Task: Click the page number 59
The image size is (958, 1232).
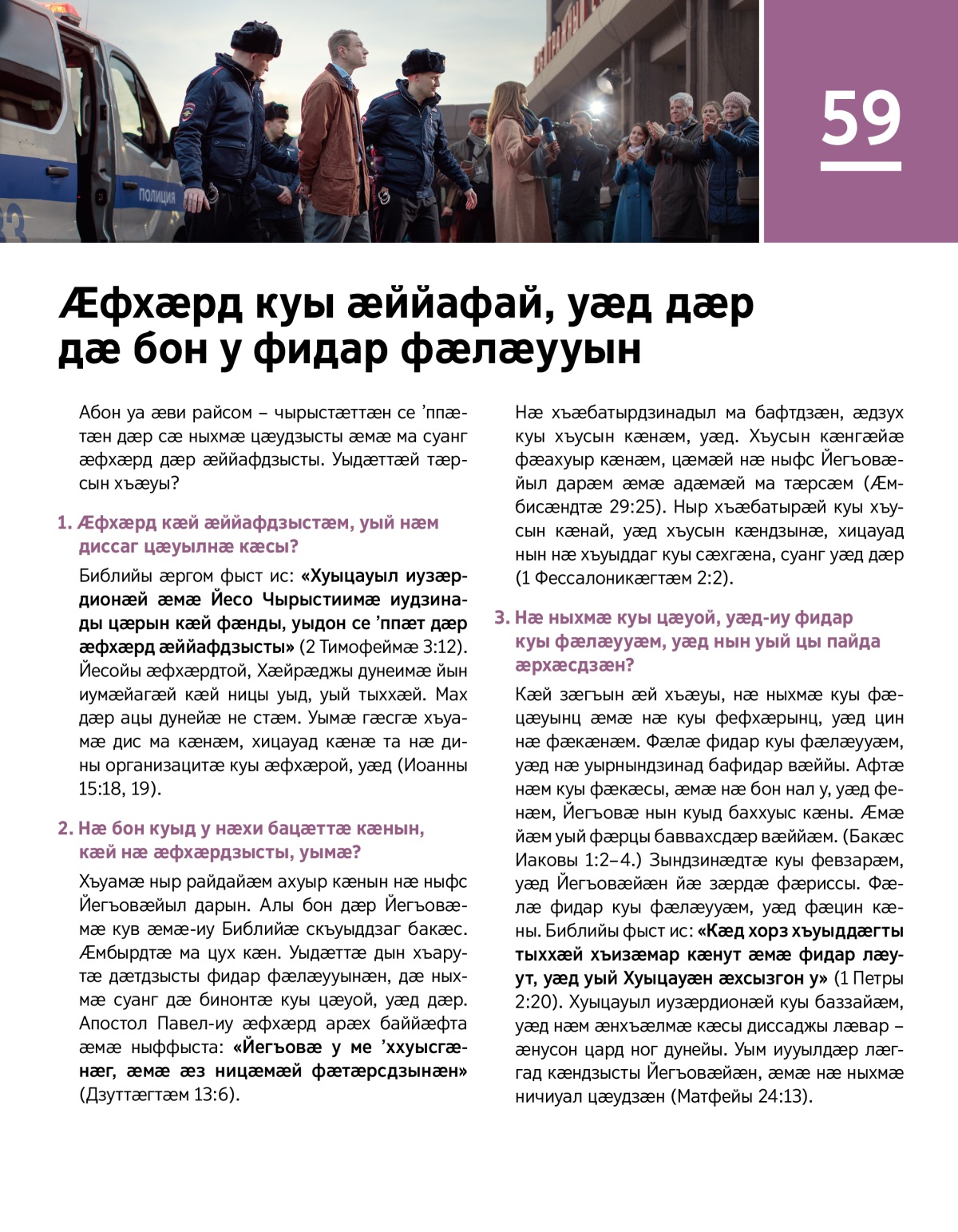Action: (861, 118)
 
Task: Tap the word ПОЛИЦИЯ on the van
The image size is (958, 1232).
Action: (156, 196)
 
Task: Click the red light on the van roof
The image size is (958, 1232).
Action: (59, 9)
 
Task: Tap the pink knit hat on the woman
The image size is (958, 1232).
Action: (735, 101)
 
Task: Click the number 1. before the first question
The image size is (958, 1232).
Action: (65, 523)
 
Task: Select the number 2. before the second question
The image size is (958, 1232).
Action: (65, 828)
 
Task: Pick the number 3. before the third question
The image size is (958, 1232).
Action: (501, 617)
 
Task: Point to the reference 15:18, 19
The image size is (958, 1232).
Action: (120, 789)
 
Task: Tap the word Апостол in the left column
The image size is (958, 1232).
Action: (114, 1024)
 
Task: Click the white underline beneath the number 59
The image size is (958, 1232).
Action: (861, 167)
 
